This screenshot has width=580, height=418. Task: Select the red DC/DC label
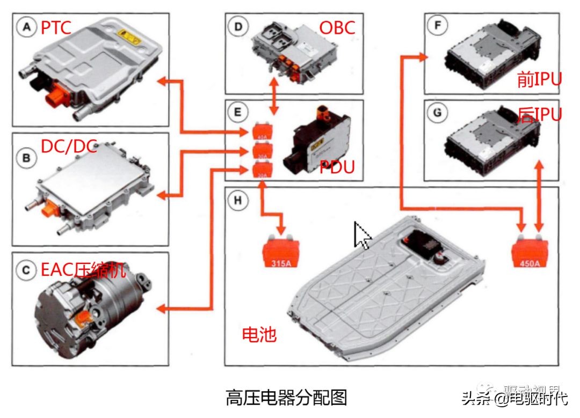point(69,146)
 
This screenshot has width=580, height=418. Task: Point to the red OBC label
point(337,27)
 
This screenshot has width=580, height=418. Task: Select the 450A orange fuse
point(531,252)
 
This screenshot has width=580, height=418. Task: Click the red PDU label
point(337,167)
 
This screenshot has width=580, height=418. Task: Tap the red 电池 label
point(259,335)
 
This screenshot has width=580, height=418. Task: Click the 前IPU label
point(539,79)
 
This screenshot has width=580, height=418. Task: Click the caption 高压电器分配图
point(286,398)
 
